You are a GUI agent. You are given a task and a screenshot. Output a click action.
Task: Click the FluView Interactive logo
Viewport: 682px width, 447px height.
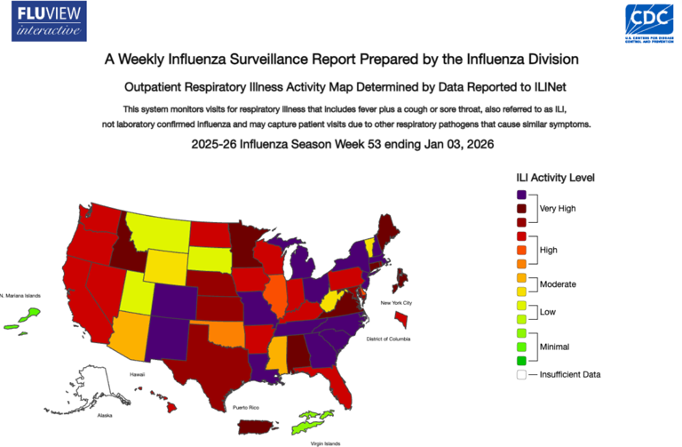(52, 21)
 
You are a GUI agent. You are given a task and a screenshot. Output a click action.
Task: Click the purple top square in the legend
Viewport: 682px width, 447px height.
(521, 194)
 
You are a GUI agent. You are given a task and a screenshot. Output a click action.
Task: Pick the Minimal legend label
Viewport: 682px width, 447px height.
(554, 347)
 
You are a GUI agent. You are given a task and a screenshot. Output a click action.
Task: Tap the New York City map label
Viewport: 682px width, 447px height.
(397, 304)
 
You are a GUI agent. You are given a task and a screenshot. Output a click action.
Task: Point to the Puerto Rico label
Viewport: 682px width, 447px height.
(246, 407)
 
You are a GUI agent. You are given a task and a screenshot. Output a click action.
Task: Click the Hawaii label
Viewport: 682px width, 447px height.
(137, 374)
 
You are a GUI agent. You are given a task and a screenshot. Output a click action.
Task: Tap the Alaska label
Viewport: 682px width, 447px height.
(105, 415)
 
